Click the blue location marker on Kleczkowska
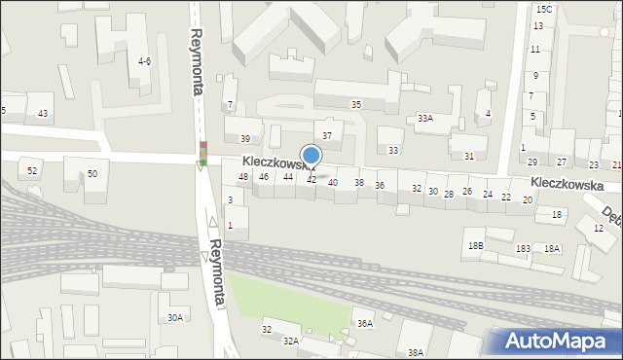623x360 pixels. [311, 157]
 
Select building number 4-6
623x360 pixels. [144, 61]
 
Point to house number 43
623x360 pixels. [42, 114]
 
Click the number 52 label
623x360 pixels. [32, 171]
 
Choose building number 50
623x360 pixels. [92, 174]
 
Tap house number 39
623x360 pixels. [245, 139]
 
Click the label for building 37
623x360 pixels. [327, 135]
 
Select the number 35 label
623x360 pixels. [356, 104]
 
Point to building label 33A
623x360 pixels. [424, 119]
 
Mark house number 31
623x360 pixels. [469, 156]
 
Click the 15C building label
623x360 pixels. [543, 9]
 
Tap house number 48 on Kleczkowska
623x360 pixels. [243, 177]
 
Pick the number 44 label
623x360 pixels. [288, 177]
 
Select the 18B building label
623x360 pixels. [475, 246]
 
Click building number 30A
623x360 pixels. [174, 318]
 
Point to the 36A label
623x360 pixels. [364, 324]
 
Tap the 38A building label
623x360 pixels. [416, 352]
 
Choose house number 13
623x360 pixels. [537, 26]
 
